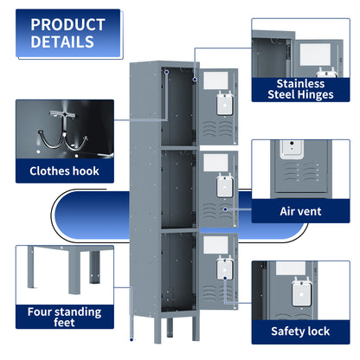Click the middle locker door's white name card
[214, 161]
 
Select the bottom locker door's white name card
[214, 244]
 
